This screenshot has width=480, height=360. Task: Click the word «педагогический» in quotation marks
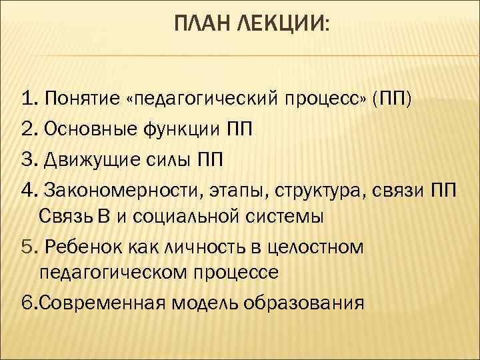193,101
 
